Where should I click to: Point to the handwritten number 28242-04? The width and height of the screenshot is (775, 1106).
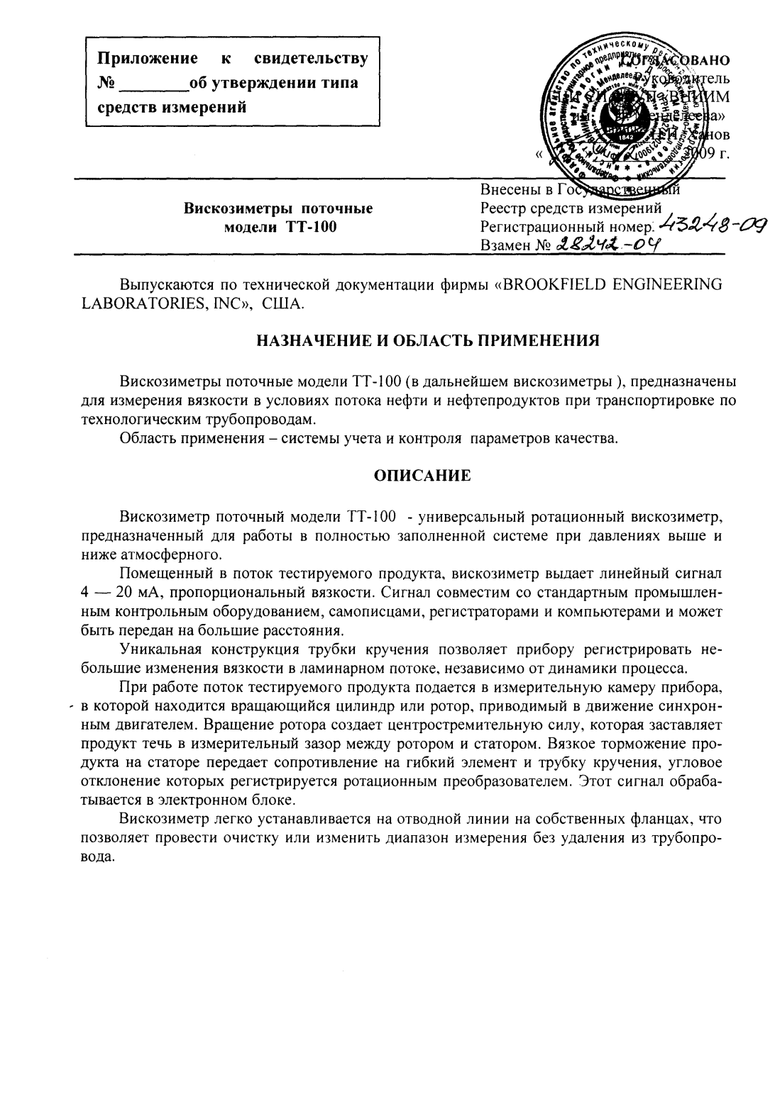pos(607,245)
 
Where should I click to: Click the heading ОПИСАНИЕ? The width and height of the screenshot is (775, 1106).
pos(422,476)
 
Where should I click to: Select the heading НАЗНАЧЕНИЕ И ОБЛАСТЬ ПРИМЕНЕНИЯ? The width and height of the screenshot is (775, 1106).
pos(427,340)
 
